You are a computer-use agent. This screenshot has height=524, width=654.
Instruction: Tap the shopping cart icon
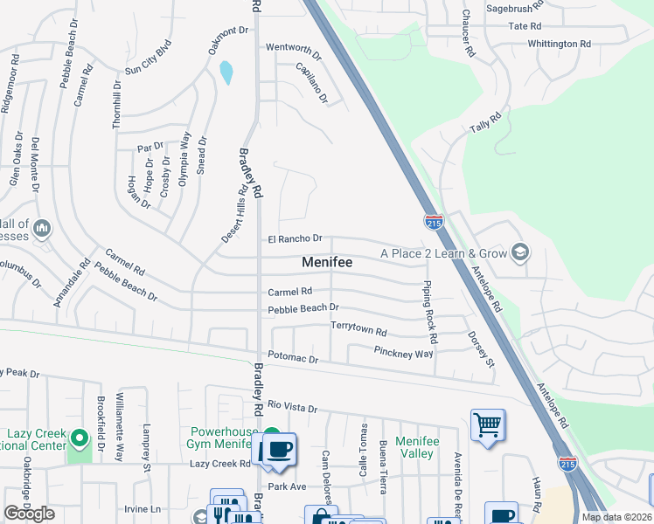coord(488,426)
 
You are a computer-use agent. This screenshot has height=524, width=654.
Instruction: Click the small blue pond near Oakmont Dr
coord(226,72)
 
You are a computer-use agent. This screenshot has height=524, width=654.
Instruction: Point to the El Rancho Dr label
coord(296,238)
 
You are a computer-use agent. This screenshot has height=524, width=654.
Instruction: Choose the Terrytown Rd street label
coord(358,331)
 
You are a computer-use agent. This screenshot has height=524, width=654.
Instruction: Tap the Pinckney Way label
coord(403,354)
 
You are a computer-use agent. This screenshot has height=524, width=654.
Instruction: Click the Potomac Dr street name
coord(293,358)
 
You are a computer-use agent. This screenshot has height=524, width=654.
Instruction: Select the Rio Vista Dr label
coord(292,406)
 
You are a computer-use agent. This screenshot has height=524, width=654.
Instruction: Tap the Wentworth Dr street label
coord(294,47)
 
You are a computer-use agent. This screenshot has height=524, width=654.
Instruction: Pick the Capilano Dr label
coord(312,84)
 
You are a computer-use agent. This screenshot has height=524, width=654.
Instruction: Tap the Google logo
coord(29,514)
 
